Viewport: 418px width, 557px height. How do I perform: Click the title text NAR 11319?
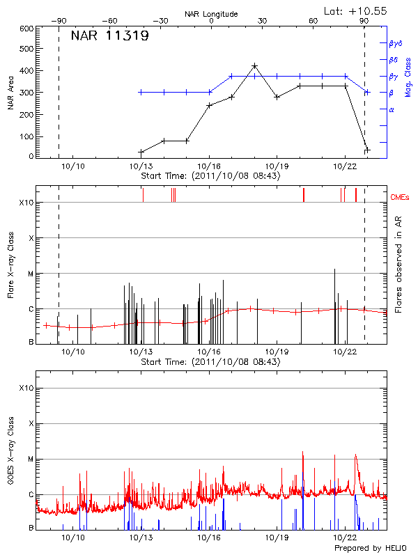(110, 36)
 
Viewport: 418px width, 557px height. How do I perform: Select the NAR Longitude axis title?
(211, 13)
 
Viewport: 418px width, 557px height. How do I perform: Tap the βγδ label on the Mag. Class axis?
(396, 43)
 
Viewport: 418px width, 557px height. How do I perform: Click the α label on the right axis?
(392, 109)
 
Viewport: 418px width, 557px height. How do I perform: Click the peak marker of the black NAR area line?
(254, 66)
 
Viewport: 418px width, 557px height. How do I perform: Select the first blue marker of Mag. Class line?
(141, 92)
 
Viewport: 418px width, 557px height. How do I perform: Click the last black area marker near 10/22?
(367, 150)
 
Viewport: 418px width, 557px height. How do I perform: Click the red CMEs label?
(400, 198)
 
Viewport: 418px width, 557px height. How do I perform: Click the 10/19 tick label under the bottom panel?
(277, 538)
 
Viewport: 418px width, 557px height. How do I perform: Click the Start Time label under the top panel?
(210, 175)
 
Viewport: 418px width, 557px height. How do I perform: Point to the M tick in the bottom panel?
(31, 459)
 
